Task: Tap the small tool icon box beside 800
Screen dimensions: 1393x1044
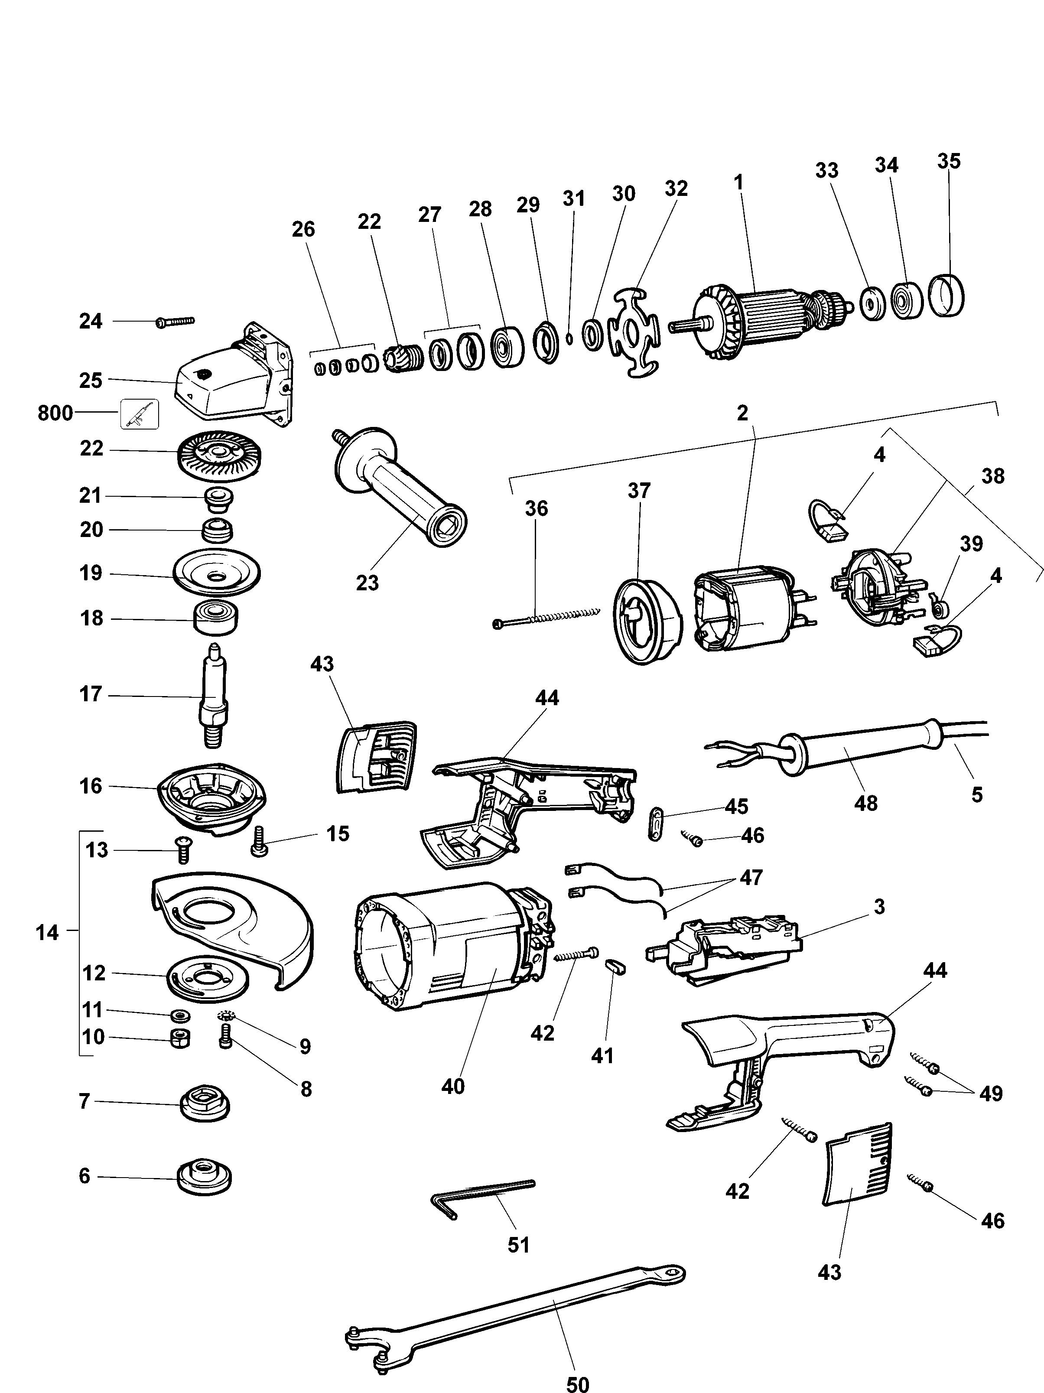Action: click(140, 414)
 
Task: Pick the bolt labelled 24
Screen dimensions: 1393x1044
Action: click(175, 322)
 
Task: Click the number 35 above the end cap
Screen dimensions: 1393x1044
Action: click(948, 161)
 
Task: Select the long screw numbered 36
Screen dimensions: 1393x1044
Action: click(545, 618)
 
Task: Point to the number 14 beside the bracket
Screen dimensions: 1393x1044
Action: click(47, 933)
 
